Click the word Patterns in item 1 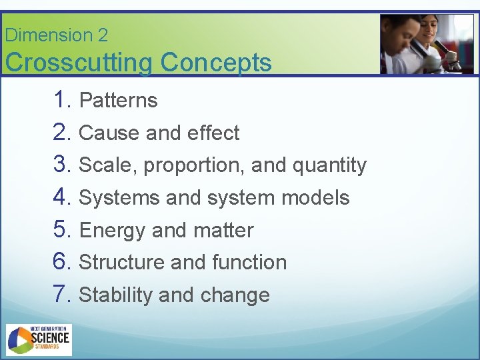118,101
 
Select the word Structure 122,263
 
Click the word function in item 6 249,263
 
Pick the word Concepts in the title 216,63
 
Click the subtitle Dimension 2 56,35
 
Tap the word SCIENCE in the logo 51,339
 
